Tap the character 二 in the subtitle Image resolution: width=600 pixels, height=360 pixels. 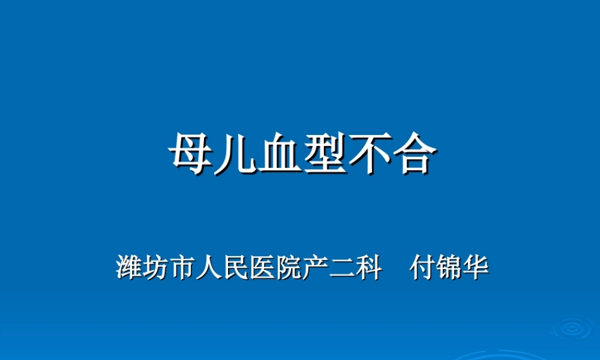click(x=343, y=268)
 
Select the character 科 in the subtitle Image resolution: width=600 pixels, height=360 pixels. click(x=370, y=268)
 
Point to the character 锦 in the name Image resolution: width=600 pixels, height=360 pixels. click(x=449, y=268)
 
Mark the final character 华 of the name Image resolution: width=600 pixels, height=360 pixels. click(x=476, y=268)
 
